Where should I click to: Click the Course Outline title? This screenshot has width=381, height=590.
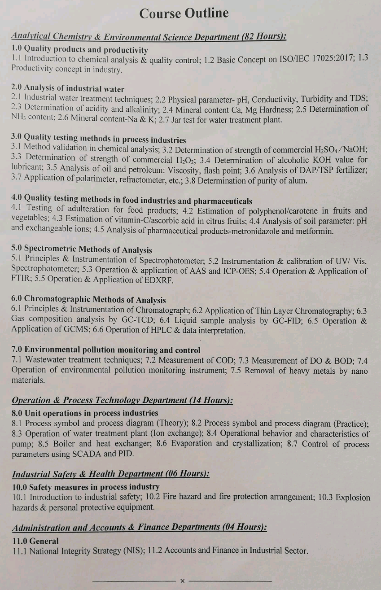click(184, 13)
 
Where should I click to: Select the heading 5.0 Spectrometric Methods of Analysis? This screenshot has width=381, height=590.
click(81, 250)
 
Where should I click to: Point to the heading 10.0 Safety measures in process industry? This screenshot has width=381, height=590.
click(85, 487)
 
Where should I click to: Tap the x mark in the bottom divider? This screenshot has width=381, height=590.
click(182, 581)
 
